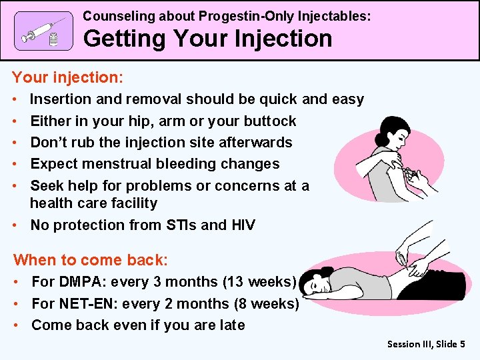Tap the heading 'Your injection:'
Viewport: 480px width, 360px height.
tap(68, 77)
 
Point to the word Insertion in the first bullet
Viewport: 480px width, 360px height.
tap(62, 99)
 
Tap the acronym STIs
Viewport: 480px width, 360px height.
tap(179, 225)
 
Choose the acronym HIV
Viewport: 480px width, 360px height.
tap(243, 225)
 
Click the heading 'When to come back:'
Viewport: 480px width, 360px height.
tap(91, 260)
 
